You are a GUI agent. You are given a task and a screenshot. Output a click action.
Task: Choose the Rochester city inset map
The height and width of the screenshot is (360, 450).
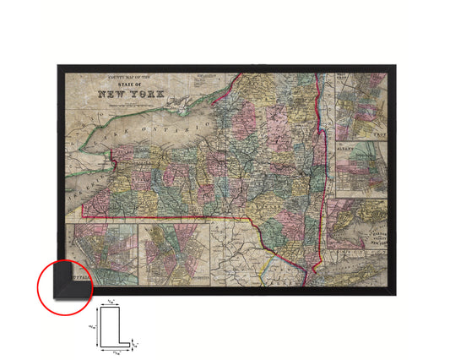[x=174, y=251]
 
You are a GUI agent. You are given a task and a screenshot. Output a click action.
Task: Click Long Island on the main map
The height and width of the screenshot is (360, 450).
[x=355, y=275]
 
